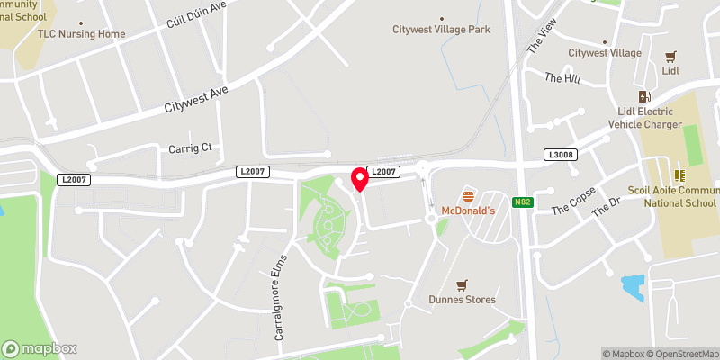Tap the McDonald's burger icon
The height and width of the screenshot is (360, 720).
point(468,194)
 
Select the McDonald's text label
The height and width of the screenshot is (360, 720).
point(468,210)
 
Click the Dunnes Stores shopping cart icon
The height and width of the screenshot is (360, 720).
point(463,284)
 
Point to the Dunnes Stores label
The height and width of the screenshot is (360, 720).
point(463,300)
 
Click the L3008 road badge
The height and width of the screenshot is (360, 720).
point(560,156)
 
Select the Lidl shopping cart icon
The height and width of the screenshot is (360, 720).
point(669,56)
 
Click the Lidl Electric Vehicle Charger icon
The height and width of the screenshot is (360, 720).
point(643,96)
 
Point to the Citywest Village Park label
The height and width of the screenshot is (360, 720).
point(441,30)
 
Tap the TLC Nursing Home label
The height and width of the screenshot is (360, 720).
point(81,34)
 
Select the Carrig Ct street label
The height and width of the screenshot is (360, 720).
point(190,148)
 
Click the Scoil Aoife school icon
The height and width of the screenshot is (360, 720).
point(680,174)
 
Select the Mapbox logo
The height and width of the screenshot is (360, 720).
point(40,348)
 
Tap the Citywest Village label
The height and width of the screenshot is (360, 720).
point(605,53)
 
